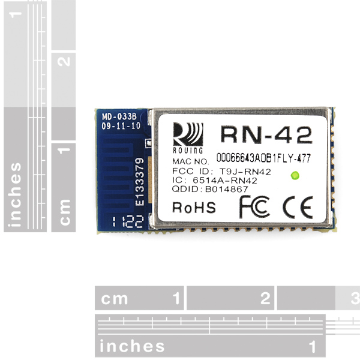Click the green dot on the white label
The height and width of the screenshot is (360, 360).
295,175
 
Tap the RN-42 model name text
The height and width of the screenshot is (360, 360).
266,135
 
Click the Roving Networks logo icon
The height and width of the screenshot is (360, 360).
188,138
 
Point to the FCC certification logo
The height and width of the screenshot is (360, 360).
254,207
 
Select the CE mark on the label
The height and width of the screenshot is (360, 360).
298,208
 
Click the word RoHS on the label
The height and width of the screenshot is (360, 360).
194,208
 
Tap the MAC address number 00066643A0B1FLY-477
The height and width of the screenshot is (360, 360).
263,158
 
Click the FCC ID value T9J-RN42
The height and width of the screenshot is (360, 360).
245,172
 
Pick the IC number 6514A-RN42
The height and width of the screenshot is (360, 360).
225,180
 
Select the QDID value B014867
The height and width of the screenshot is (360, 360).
227,189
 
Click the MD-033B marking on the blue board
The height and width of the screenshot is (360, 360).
119,116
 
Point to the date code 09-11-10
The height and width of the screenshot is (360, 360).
121,125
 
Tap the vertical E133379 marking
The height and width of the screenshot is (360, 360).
139,182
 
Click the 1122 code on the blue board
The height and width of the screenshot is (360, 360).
128,221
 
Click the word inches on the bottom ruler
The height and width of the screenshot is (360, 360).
132,346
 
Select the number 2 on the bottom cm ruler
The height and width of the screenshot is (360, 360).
265,298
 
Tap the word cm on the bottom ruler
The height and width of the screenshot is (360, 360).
114,299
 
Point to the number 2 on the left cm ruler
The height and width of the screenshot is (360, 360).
64,62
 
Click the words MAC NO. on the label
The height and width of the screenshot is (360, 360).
191,161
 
